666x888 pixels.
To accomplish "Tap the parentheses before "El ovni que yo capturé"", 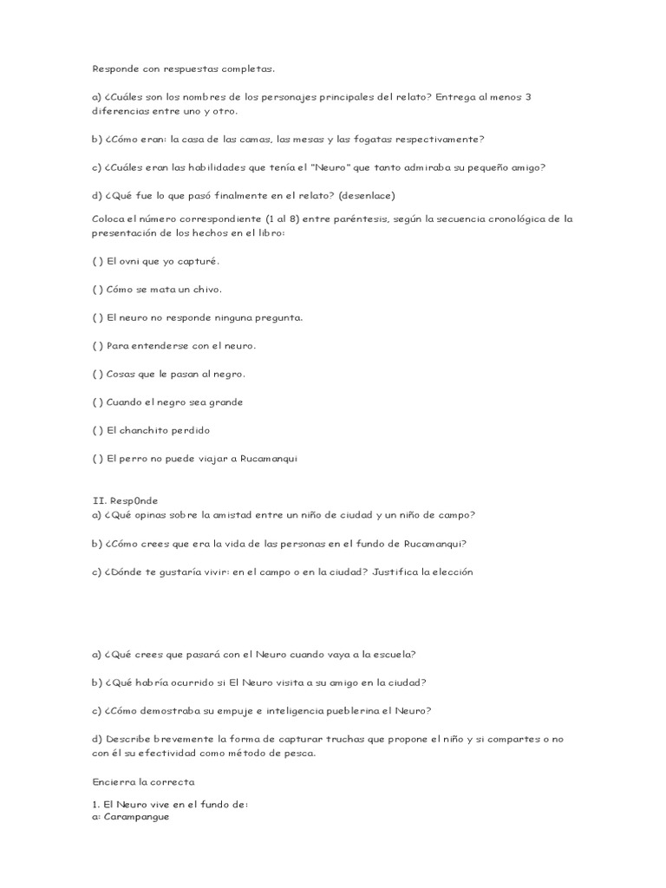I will (x=97, y=261).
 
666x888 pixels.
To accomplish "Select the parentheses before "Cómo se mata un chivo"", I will (x=97, y=290).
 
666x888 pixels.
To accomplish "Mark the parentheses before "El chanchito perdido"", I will (x=97, y=430).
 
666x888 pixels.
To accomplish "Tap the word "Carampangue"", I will (x=136, y=817).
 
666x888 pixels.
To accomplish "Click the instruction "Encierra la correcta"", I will (x=143, y=781).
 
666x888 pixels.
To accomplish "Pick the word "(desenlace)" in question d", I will (x=367, y=195).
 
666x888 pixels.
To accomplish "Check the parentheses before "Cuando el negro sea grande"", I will (x=97, y=402).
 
